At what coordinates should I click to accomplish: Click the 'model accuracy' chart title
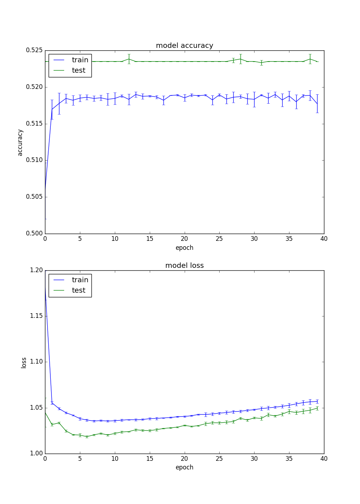[x=184, y=46]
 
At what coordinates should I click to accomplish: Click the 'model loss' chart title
[x=184, y=266]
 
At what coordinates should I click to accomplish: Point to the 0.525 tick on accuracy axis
[x=34, y=50]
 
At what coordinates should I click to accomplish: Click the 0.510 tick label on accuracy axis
[x=34, y=160]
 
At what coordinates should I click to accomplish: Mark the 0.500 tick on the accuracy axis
[x=34, y=234]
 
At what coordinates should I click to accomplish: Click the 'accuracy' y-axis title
[x=20, y=143]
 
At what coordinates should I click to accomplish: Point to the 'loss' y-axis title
[x=24, y=363]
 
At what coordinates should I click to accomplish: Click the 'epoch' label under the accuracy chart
[x=184, y=248]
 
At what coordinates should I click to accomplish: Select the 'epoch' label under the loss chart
[x=184, y=467]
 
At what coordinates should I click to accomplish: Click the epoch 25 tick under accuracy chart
[x=219, y=239]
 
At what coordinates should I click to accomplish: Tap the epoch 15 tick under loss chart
[x=150, y=459]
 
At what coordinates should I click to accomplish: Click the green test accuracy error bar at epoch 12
[x=129, y=59]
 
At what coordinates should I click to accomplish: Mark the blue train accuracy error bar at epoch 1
[x=52, y=109]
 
